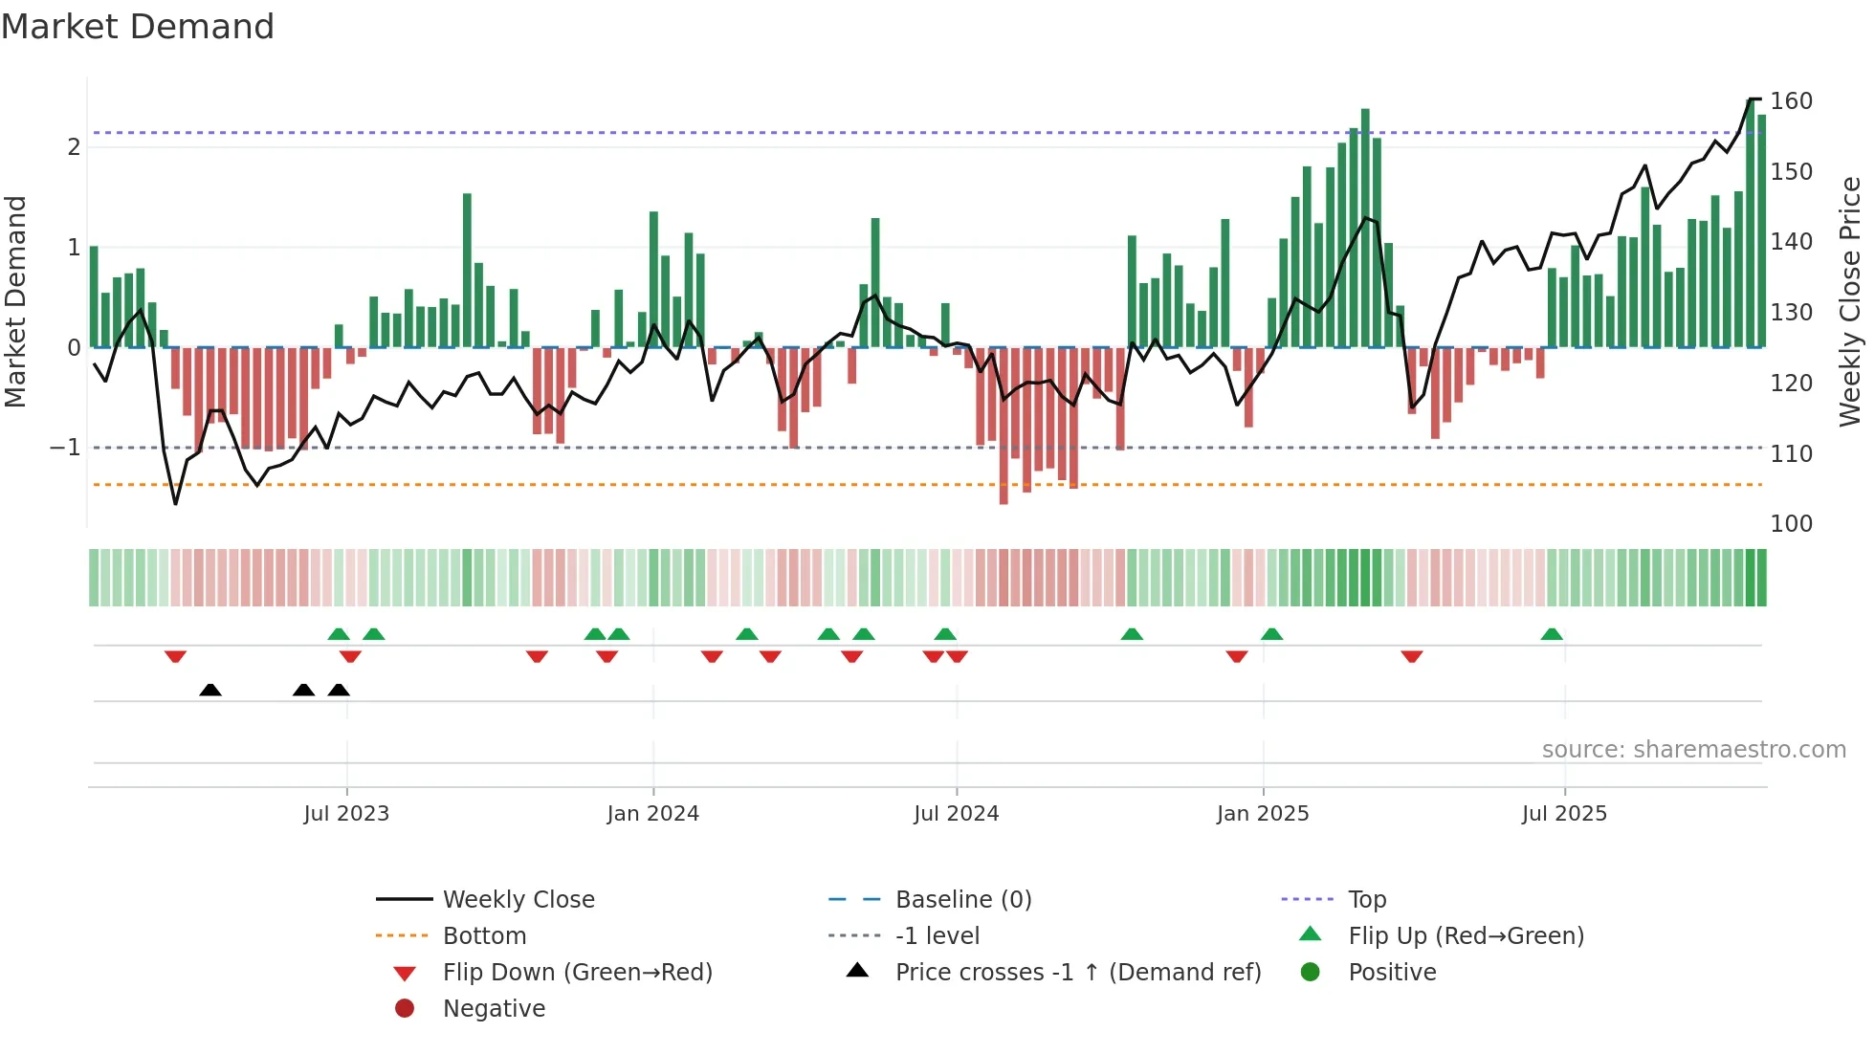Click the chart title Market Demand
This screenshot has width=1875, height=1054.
tap(138, 27)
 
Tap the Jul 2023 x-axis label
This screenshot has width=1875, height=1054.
tap(346, 814)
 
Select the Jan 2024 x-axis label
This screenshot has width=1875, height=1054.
tap(652, 814)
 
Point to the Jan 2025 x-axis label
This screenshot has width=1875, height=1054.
tap(1263, 814)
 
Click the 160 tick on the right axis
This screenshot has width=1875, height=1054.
tap(1791, 101)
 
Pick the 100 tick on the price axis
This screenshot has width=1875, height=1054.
tap(1791, 524)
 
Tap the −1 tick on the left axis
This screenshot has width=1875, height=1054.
tap(65, 448)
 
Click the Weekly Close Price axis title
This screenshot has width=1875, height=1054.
tap(1850, 301)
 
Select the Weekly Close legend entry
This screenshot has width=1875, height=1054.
tap(518, 900)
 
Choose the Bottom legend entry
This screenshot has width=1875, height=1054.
tap(484, 936)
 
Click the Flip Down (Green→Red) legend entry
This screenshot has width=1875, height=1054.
tap(577, 973)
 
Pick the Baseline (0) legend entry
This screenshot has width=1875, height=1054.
tap(962, 900)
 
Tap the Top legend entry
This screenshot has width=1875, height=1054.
tap(1367, 900)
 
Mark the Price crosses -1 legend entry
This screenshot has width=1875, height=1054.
tap(1077, 973)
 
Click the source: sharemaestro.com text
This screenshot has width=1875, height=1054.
tap(1693, 750)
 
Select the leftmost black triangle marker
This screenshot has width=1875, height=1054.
tap(210, 691)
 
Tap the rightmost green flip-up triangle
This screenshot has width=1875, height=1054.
tap(1552, 634)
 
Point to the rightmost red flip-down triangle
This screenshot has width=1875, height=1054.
tap(1412, 656)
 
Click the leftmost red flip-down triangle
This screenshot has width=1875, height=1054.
tap(175, 656)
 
